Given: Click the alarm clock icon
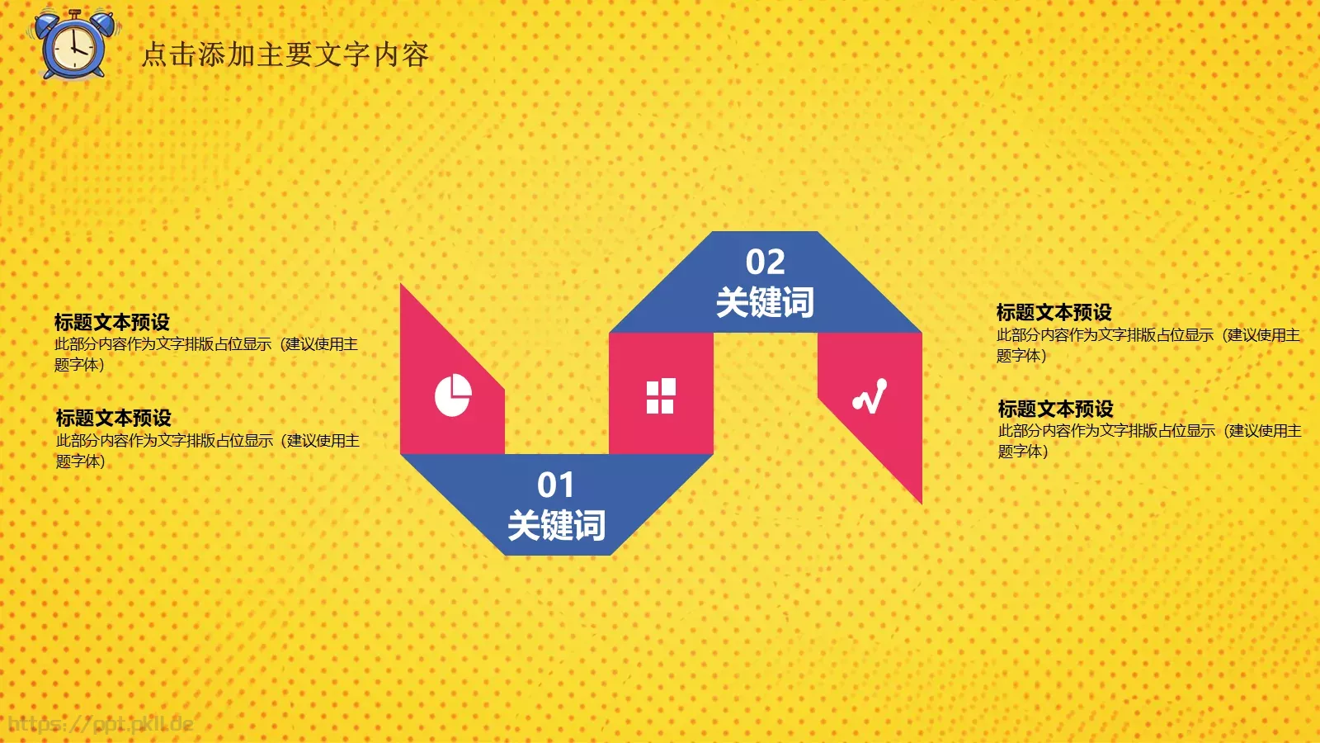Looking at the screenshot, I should point(74,45).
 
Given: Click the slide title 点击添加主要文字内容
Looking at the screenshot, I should point(285,54).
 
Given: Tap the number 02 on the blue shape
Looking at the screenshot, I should point(765,263).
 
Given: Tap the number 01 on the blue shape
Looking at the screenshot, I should point(555,485).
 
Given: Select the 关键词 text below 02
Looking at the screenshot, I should point(765,302).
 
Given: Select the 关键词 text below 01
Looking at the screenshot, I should point(556,525).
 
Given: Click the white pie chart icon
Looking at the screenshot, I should point(453,395).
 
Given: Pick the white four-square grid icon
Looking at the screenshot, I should point(661,395).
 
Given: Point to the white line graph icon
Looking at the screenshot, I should point(870,395).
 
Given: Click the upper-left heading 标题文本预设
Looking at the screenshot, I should point(112,321).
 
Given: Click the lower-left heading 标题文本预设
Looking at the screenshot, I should point(114,418).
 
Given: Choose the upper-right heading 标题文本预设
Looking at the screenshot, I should point(1054,312).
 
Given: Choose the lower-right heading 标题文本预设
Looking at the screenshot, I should point(1055,409).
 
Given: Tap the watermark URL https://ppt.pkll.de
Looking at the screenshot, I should point(101,725).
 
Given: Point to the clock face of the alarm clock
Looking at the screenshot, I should point(74,49).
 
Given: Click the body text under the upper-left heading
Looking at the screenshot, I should point(205,353).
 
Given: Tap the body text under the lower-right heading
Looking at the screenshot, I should point(1149,441).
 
